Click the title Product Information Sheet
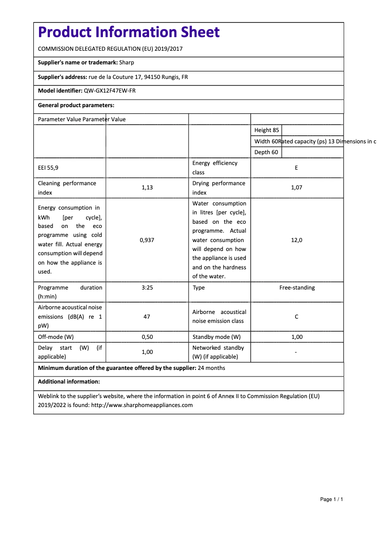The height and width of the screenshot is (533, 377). pos(128,32)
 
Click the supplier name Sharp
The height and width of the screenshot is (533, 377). pos(126,63)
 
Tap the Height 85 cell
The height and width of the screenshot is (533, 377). pos(267,130)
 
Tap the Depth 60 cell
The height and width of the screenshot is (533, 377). pos(266,152)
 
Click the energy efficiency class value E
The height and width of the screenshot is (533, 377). pos(296,168)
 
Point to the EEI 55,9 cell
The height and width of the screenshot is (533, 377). pos(48,168)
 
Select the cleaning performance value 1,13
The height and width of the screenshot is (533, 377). pos(147,188)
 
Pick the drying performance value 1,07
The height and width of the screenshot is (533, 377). pos(297,188)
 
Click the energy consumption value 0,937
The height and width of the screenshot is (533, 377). pos(147,240)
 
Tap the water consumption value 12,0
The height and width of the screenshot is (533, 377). pos(297,240)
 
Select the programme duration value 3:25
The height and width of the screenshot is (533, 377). pos(147,288)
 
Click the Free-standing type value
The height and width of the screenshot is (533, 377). pos(297,288)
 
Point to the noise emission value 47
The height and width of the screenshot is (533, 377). pos(147,317)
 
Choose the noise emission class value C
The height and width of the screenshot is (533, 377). pos(297,317)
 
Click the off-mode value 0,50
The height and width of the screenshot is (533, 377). pos(147,337)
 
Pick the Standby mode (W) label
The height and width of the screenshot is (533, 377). pos(216,337)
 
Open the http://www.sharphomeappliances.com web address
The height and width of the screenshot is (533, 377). pos(142,405)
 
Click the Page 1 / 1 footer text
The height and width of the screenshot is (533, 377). pos(331,499)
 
